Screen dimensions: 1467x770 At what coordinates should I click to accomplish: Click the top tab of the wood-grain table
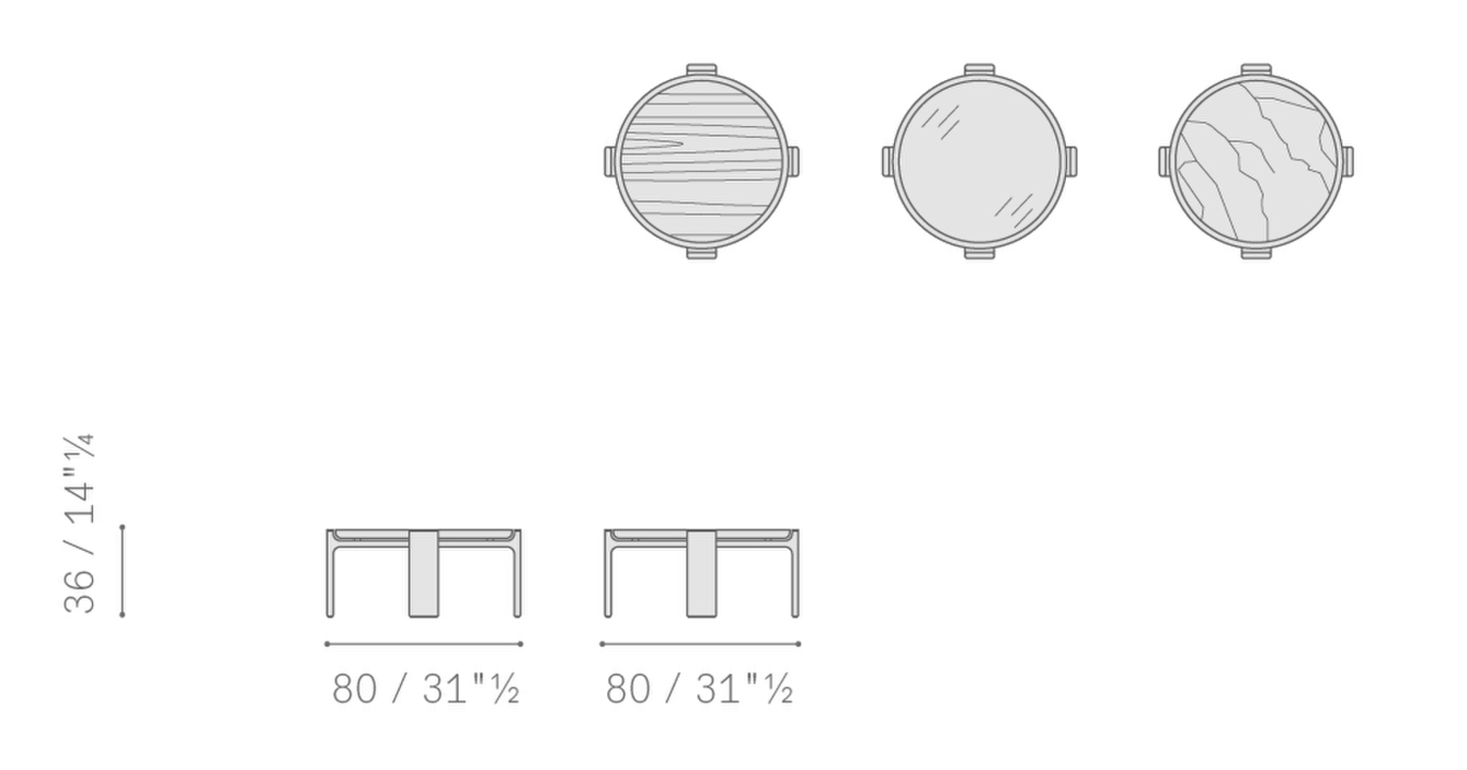(701, 69)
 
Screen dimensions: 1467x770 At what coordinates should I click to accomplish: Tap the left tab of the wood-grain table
(609, 161)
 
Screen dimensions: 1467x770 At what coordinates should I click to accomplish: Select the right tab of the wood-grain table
(792, 161)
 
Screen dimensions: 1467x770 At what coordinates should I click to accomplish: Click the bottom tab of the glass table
(979, 253)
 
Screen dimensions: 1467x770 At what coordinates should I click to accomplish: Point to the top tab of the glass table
(979, 69)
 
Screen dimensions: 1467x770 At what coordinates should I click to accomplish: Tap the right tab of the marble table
(1347, 161)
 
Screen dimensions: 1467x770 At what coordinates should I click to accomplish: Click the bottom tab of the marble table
(1256, 253)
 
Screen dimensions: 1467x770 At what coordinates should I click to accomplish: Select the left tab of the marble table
(1165, 161)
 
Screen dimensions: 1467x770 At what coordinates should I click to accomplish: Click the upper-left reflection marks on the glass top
(941, 122)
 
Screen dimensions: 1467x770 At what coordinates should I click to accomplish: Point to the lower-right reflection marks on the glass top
(1014, 211)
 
